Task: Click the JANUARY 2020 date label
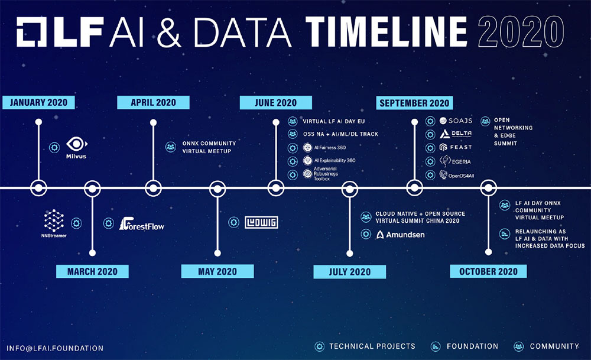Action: [38, 102]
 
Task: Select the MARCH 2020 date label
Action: [92, 271]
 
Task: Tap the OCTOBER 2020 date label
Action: [488, 271]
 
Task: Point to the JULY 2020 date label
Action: [350, 272]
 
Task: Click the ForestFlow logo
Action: [142, 223]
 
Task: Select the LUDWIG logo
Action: [261, 222]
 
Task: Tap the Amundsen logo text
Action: [400, 235]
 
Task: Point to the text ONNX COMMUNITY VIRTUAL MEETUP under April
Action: [209, 147]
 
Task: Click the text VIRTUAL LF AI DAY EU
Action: [333, 121]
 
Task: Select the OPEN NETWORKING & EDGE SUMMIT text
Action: [513, 132]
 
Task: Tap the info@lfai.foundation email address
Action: [55, 348]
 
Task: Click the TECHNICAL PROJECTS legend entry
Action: [365, 346]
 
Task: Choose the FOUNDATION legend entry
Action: [465, 346]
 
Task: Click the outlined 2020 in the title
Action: [521, 32]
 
